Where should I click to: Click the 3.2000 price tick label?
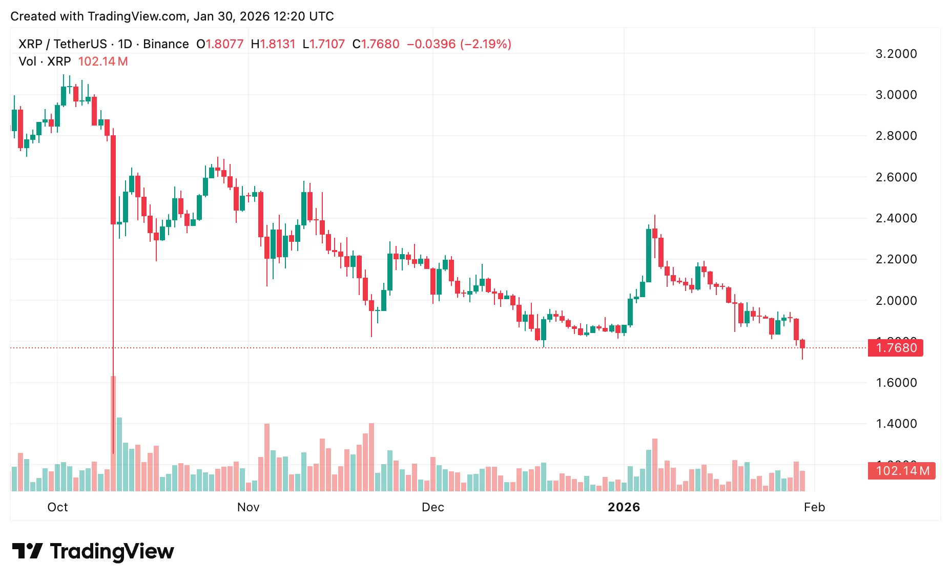click(x=896, y=54)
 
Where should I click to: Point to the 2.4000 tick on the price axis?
click(x=896, y=218)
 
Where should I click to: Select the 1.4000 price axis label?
click(x=896, y=424)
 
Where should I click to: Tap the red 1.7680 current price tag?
click(x=896, y=348)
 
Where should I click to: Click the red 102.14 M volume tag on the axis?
click(x=902, y=471)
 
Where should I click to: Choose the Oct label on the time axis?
click(x=57, y=507)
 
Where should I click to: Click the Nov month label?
click(x=248, y=507)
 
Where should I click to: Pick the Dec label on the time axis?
click(x=432, y=507)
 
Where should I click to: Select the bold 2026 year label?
click(x=624, y=507)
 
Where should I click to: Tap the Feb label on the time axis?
click(x=814, y=507)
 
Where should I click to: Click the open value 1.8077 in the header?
click(x=224, y=44)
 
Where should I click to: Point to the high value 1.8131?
click(x=277, y=44)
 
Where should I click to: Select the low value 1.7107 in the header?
click(x=327, y=44)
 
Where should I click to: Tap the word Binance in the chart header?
click(x=166, y=44)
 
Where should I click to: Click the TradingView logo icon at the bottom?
click(x=27, y=551)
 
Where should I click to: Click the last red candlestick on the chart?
click(x=802, y=344)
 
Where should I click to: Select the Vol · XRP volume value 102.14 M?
click(x=103, y=61)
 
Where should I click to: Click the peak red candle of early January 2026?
click(x=655, y=233)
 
